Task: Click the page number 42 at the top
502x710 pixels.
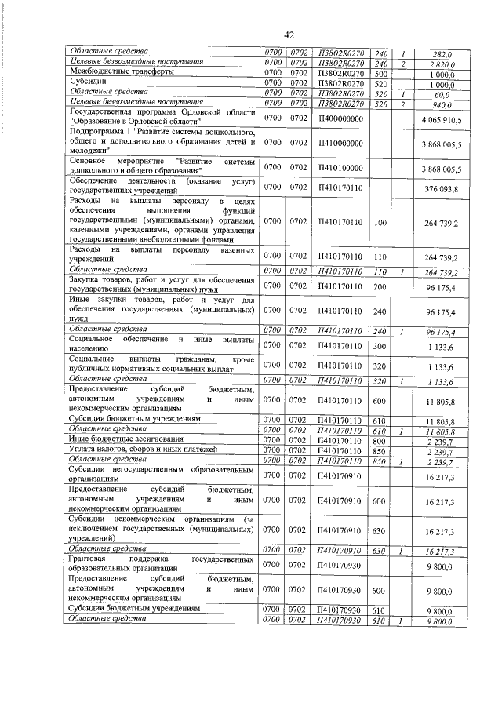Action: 289,35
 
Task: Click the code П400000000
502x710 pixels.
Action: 341,118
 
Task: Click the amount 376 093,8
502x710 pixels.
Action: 444,188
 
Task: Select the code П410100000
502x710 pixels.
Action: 341,169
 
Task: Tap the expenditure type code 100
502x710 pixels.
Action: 381,223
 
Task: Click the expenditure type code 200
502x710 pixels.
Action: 381,287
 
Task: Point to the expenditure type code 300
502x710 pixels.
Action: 381,344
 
